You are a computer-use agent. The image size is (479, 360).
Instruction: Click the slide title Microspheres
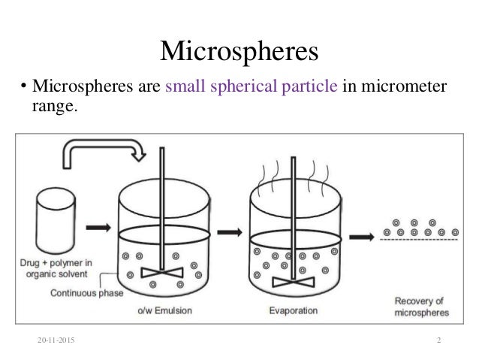click(x=239, y=53)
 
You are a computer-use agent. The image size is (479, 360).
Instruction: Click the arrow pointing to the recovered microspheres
click(x=362, y=235)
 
